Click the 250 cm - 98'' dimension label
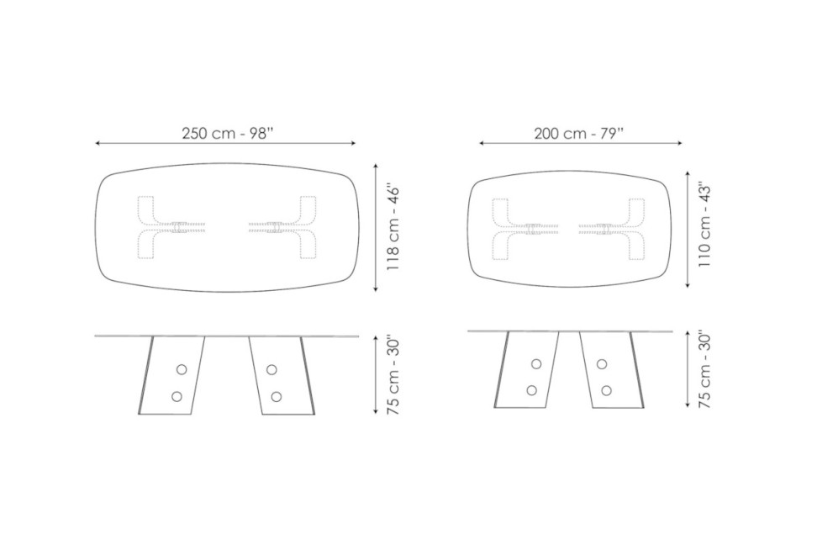228,133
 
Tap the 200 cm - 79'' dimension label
579,133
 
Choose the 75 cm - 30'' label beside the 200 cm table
704,368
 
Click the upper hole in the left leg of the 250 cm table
182,370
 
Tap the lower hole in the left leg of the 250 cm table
177,396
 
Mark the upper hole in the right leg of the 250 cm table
271,370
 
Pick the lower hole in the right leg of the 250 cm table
277,396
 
